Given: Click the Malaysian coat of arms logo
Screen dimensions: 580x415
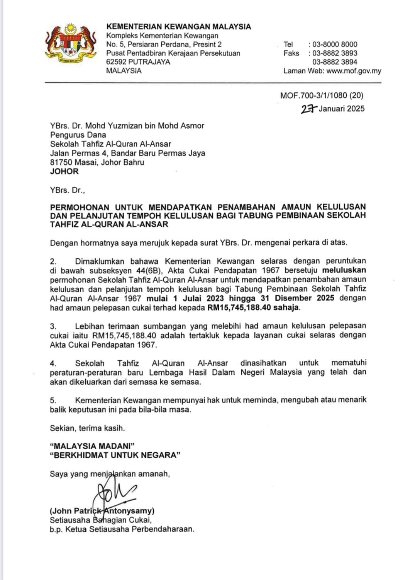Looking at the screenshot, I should pos(71,44).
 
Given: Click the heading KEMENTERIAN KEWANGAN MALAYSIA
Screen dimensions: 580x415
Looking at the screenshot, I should pos(178,27).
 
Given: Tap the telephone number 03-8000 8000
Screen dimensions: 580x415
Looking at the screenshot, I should pos(335,44).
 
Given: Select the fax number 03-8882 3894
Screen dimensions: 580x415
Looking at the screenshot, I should pos(335,62).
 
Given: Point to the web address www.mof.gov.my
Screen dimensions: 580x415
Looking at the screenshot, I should pos(354,71).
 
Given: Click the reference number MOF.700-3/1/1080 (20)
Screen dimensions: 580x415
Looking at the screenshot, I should pos(322,96).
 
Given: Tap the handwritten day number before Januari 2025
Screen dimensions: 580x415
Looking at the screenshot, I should pos(309,109).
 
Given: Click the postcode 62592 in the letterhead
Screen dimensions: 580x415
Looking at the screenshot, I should pos(116,62).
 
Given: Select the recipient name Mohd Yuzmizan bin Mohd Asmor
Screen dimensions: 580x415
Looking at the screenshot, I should pos(144,126).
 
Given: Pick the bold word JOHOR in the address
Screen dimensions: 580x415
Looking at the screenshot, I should pos(64,171).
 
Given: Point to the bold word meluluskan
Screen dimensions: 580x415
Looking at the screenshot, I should pos(344,270).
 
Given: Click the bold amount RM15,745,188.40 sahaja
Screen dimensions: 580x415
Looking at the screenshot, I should pos(254,308).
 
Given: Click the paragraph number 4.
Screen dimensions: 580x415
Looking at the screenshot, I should pos(53,363).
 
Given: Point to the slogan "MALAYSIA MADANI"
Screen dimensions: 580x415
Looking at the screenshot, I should pos(92,446).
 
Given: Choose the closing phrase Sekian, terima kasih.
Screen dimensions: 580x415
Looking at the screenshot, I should pos(87,428).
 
